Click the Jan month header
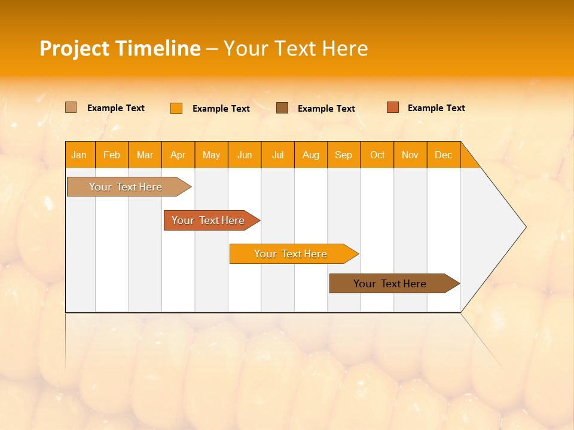[x=79, y=155]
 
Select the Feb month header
[x=112, y=155]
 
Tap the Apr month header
[x=178, y=155]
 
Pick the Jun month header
[x=245, y=155]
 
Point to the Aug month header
[x=310, y=155]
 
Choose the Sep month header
[x=343, y=155]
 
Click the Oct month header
[x=377, y=155]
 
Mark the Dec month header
[x=443, y=155]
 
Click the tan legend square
[x=71, y=107]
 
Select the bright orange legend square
[x=176, y=108]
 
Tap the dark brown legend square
[x=282, y=108]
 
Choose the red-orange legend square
[x=392, y=107]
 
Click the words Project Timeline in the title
[x=120, y=48]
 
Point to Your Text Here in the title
[x=295, y=48]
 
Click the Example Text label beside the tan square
[x=116, y=108]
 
